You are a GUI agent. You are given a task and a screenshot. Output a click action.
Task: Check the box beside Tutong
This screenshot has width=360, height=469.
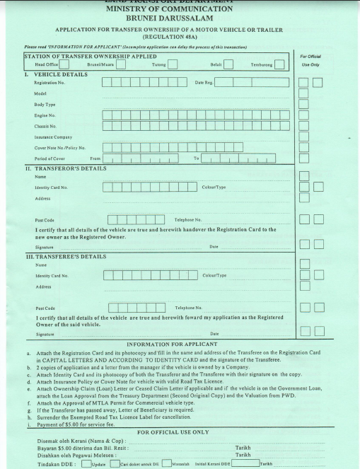pyautogui.click(x=173, y=66)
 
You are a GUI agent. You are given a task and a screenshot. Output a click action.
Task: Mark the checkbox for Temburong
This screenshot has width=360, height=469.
pyautogui.click(x=279, y=66)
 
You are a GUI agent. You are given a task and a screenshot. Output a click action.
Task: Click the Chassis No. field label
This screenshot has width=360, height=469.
pyautogui.click(x=45, y=126)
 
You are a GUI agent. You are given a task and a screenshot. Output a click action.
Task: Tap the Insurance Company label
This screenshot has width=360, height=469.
pyautogui.click(x=53, y=137)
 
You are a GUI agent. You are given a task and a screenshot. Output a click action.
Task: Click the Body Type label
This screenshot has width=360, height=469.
pyautogui.click(x=44, y=103)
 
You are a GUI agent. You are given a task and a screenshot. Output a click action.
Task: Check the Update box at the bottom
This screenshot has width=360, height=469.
pyautogui.click(x=86, y=464)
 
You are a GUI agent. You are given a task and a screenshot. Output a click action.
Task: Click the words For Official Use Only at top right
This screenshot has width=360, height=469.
pyautogui.click(x=311, y=60)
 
